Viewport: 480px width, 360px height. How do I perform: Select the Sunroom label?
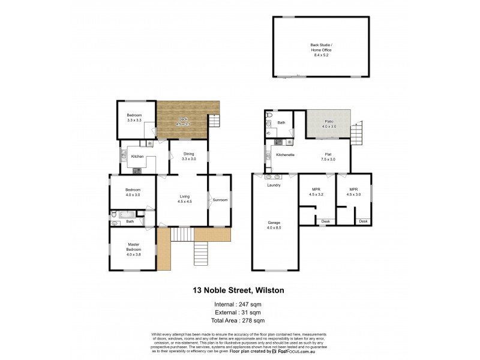220,200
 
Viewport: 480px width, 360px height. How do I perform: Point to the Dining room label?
189,154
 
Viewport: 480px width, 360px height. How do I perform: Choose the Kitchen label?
137,157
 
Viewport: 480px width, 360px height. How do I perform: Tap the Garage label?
274,223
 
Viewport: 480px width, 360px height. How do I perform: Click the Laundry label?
274,185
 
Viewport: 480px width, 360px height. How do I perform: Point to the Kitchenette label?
284,155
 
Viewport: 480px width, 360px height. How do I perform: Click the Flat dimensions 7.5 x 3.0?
328,159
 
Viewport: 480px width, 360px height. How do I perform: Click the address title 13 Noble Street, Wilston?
238,290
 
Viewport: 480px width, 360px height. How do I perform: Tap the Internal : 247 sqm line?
238,305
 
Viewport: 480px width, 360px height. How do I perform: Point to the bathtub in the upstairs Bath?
128,214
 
